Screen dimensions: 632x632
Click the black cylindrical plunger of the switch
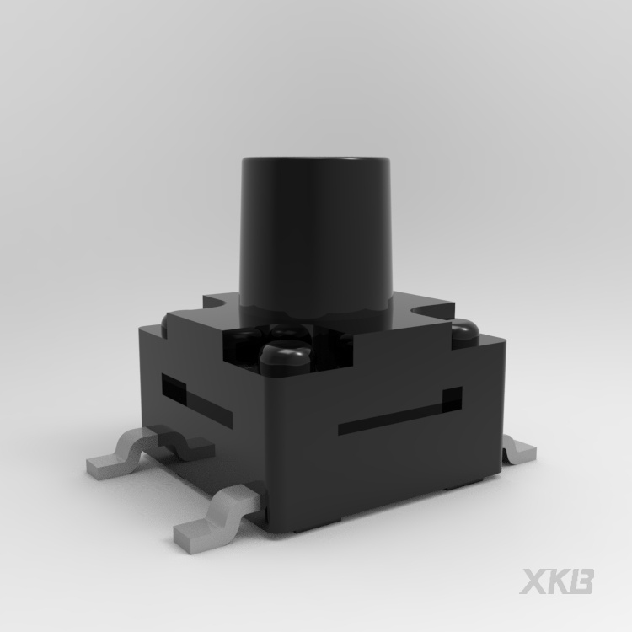point(315,233)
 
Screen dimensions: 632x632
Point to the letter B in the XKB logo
point(580,581)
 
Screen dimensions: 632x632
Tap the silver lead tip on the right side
point(519,451)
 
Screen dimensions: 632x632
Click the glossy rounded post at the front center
point(286,356)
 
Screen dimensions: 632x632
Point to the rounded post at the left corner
point(164,324)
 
